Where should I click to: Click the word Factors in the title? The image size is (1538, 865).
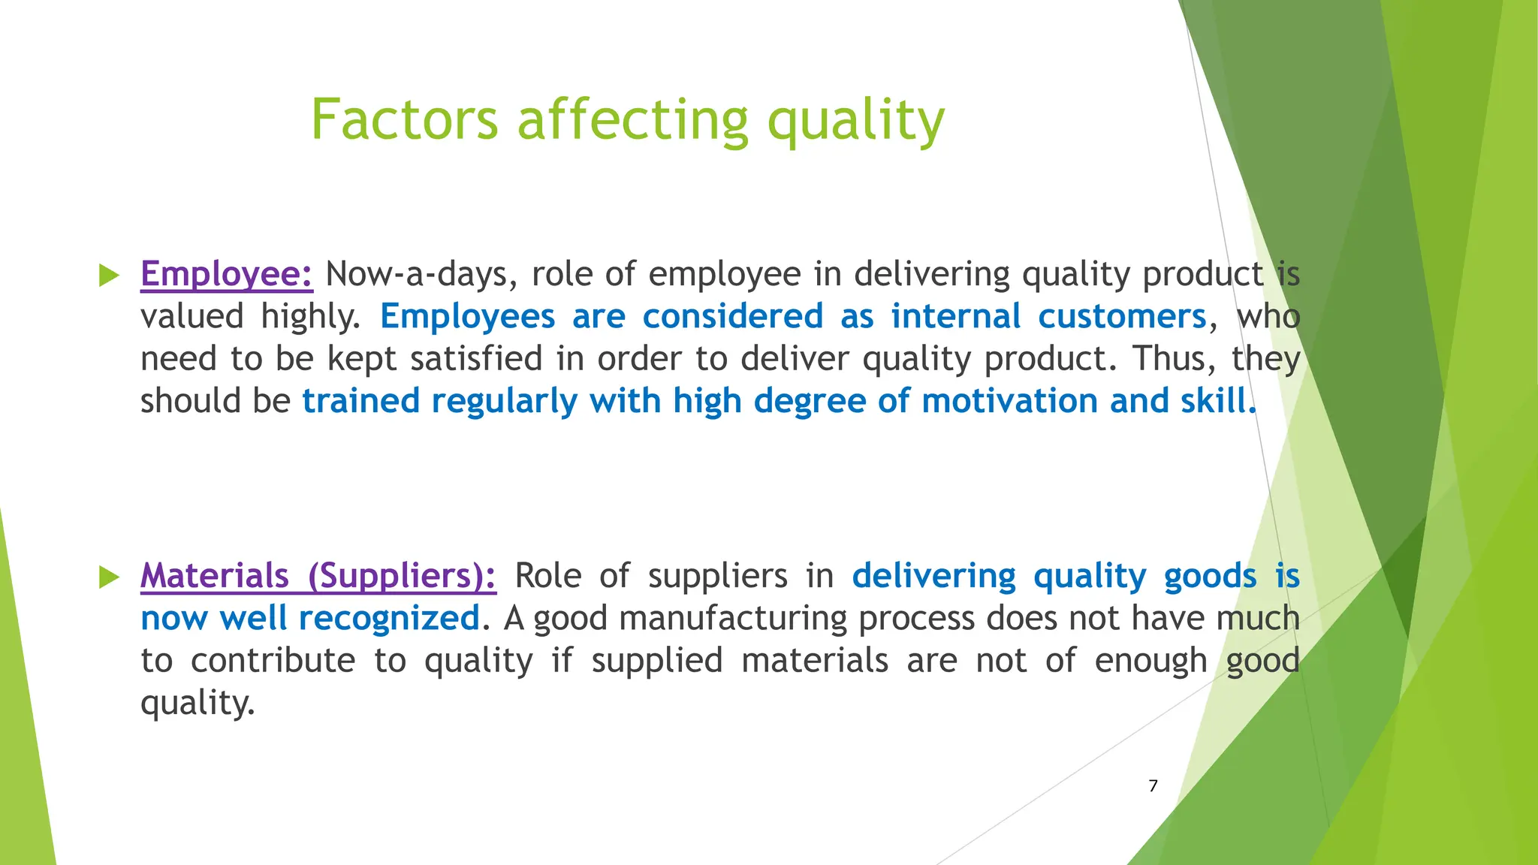pyautogui.click(x=404, y=120)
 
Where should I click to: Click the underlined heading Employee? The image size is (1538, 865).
pyautogui.click(x=227, y=274)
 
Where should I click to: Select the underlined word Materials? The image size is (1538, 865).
pyautogui.click(x=215, y=576)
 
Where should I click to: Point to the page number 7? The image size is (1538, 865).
pyautogui.click(x=1153, y=785)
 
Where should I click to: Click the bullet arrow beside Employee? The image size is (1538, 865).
pyautogui.click(x=110, y=276)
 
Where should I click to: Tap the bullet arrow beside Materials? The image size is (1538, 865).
pyautogui.click(x=110, y=577)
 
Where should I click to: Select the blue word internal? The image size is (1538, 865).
pyautogui.click(x=955, y=316)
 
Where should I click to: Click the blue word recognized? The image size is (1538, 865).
pyautogui.click(x=389, y=619)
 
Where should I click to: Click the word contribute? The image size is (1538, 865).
pyautogui.click(x=273, y=661)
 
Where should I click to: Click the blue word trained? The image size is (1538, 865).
pyautogui.click(x=360, y=401)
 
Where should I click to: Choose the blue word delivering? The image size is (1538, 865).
pyautogui.click(x=933, y=576)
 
